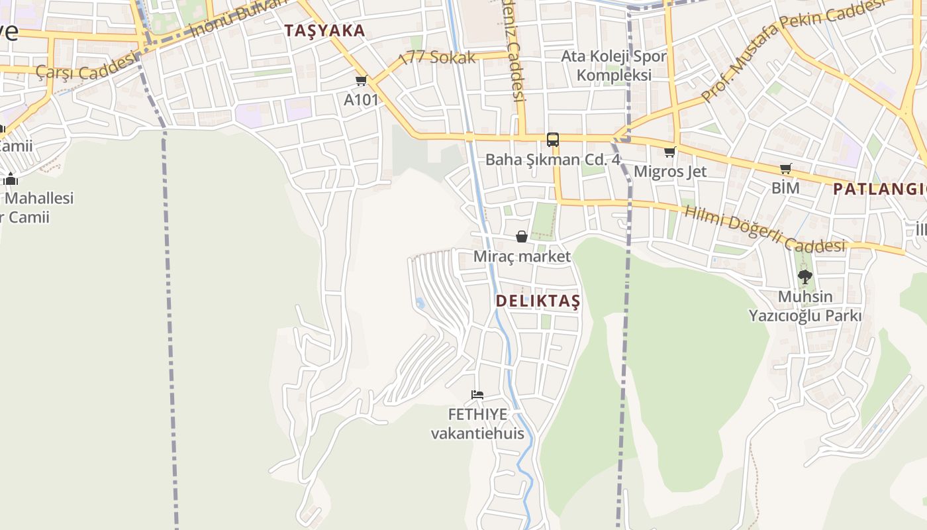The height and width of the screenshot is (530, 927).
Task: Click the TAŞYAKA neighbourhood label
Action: coord(324,30)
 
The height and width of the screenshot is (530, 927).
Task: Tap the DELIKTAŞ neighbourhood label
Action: coord(538,301)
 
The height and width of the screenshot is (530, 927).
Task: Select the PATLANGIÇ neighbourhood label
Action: coord(879,189)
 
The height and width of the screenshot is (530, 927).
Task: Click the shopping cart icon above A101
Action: coord(361,81)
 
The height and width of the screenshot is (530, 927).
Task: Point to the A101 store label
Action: coord(361,100)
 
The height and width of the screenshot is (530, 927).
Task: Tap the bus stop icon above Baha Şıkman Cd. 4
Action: coord(552,140)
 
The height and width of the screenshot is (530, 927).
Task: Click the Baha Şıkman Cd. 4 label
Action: coord(552,160)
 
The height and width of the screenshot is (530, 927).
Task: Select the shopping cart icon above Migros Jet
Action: coord(670,152)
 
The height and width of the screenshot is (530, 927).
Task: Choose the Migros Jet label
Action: coord(670,172)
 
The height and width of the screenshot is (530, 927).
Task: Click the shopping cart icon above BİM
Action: coord(785,169)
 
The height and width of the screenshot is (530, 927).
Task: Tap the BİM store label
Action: coord(785,188)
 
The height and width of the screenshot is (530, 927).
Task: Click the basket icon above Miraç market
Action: coord(522,237)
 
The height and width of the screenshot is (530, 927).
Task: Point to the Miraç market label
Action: coord(522,256)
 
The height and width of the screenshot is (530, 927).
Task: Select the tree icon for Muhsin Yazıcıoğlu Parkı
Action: coord(805,277)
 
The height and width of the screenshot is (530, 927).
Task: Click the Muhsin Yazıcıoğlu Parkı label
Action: coord(805,306)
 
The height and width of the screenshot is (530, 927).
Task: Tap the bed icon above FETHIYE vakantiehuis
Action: coord(477,395)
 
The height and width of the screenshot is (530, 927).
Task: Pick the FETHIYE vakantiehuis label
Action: coord(477,424)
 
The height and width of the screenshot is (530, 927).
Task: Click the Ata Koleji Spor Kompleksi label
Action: coord(614,66)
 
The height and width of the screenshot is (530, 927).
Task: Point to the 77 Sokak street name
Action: coord(442,57)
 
